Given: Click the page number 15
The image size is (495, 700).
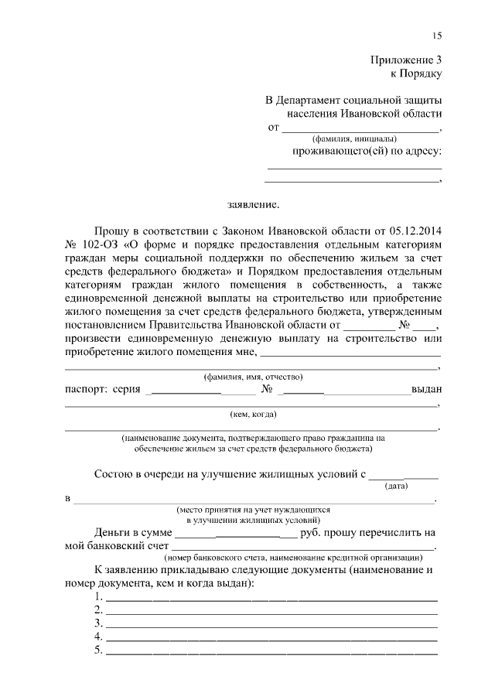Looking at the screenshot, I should pyautogui.click(x=437, y=36).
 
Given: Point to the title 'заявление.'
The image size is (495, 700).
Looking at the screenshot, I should pyautogui.click(x=252, y=206).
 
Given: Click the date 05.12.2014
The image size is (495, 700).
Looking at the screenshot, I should pyautogui.click(x=418, y=230).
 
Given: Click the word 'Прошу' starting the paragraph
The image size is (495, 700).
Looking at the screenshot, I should pyautogui.click(x=111, y=230).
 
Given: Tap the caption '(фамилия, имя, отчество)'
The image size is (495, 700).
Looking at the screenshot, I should pyautogui.click(x=253, y=377).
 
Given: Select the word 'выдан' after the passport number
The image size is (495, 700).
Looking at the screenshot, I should pyautogui.click(x=426, y=390).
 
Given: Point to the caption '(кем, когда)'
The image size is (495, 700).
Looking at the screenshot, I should pyautogui.click(x=253, y=414).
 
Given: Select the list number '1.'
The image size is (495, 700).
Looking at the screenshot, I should pyautogui.click(x=98, y=596).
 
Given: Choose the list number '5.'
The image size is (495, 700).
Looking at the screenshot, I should pyautogui.click(x=98, y=650).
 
